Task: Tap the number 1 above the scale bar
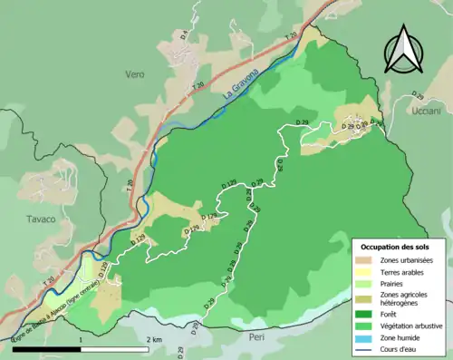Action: point(82,339)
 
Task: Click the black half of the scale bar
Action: point(47,349)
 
